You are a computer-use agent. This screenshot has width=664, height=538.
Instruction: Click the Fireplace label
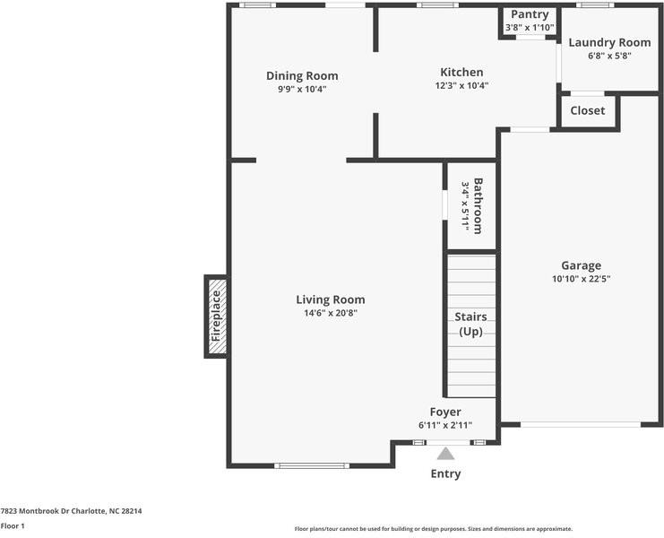216,316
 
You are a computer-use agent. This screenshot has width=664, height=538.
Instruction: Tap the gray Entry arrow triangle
445,454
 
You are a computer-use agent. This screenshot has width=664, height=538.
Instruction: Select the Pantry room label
530,14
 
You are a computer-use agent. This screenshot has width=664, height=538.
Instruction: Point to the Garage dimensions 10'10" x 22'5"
581,279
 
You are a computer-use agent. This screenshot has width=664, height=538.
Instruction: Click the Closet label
587,110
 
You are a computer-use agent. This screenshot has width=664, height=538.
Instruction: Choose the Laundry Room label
609,42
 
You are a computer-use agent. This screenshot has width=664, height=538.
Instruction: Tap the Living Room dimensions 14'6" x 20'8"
331,313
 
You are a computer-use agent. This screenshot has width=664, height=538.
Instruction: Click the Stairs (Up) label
471,324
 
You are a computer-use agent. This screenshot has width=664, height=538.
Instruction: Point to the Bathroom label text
478,206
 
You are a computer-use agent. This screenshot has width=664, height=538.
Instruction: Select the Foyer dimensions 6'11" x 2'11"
445,425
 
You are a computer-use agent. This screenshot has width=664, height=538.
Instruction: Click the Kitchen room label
461,72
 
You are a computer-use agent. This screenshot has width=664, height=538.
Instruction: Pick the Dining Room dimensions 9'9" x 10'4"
302,90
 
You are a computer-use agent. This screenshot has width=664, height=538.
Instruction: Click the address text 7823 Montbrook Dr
35,511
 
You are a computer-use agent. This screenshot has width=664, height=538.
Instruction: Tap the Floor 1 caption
13,526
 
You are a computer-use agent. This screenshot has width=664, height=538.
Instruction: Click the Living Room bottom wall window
312,466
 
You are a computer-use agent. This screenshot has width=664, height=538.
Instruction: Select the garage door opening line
581,424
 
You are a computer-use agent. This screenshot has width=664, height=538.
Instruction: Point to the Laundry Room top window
595,5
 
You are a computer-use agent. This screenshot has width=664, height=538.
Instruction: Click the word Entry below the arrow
445,473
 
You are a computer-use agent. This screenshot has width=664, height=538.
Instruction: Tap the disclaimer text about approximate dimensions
434,529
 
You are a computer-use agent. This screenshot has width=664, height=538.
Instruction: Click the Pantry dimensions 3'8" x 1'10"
530,28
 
